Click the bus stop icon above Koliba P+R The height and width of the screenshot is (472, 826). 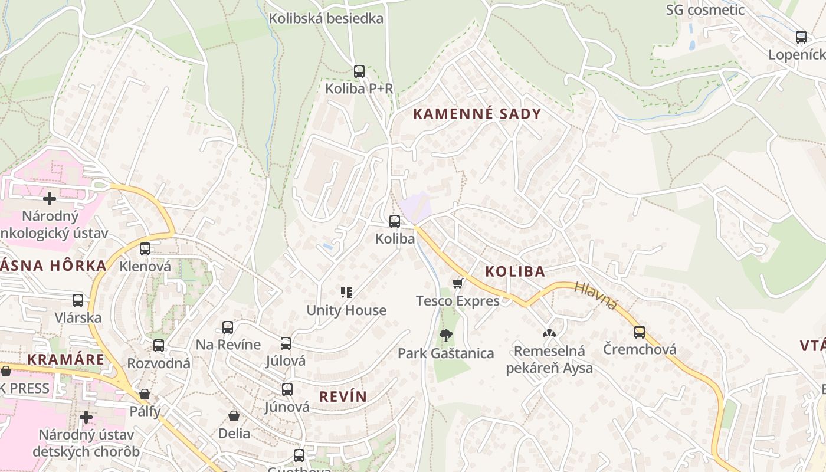pyautogui.click(x=359, y=71)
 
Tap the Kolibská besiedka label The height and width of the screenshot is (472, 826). pyautogui.click(x=326, y=18)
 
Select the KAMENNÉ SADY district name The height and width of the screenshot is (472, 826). pyautogui.click(x=477, y=114)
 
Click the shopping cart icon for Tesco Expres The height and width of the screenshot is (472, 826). pyautogui.click(x=457, y=284)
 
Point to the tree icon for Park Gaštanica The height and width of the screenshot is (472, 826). pyautogui.click(x=446, y=336)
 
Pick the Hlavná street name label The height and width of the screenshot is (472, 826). pyautogui.click(x=595, y=296)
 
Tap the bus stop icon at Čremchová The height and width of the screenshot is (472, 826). pyautogui.click(x=640, y=332)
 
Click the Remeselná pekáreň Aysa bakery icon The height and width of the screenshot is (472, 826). pyautogui.click(x=549, y=333)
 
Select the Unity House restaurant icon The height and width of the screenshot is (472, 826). pyautogui.click(x=346, y=292)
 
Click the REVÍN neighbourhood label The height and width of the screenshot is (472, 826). pyautogui.click(x=343, y=396)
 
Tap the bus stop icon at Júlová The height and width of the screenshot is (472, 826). pyautogui.click(x=286, y=343)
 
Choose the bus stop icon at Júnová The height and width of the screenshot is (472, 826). pyautogui.click(x=287, y=389)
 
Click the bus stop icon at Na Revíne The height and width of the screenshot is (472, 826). pyautogui.click(x=228, y=327)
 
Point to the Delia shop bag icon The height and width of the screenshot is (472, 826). pyautogui.click(x=234, y=416)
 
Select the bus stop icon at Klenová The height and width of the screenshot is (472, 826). pyautogui.click(x=145, y=249)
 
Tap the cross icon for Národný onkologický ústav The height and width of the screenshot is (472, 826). pyautogui.click(x=50, y=198)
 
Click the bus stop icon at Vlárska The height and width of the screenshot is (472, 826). pyautogui.click(x=78, y=300)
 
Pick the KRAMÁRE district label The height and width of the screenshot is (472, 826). pyautogui.click(x=65, y=359)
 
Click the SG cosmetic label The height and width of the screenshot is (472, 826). pyautogui.click(x=705, y=10)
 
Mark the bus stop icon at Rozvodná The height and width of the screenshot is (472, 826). pyautogui.click(x=159, y=346)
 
